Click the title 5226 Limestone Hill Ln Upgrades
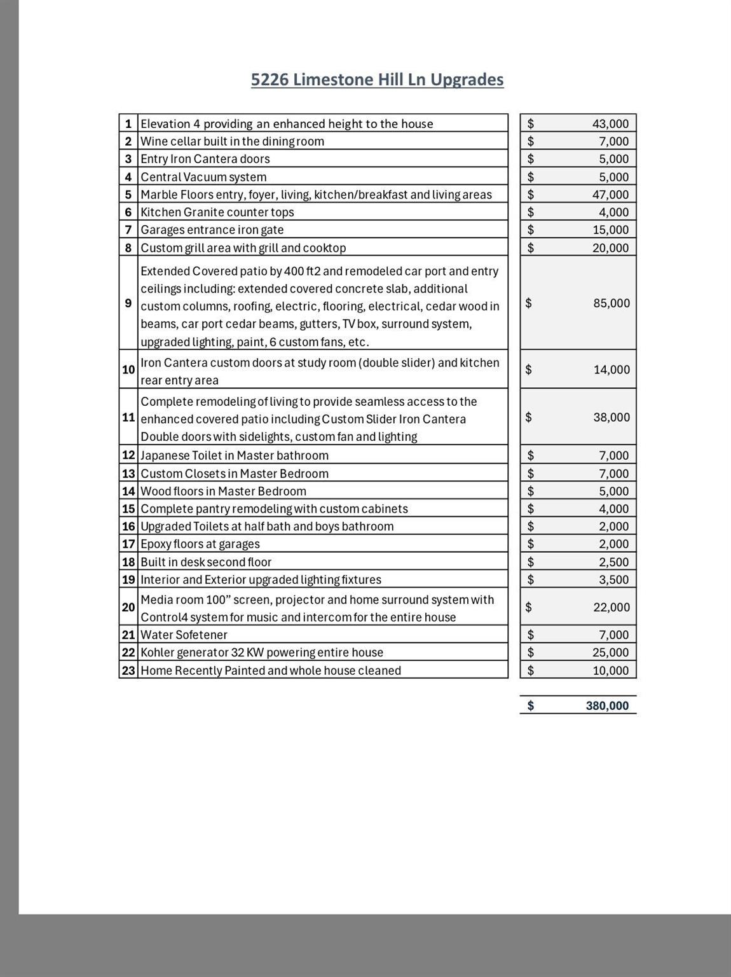(x=377, y=80)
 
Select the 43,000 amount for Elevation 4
(x=610, y=124)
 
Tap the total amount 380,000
(x=607, y=705)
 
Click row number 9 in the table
(x=128, y=303)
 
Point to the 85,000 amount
(x=611, y=303)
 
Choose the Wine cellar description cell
(x=232, y=141)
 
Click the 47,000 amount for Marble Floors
(x=610, y=195)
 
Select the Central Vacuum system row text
(x=203, y=177)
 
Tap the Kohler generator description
(x=262, y=653)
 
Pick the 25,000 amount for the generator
(x=610, y=653)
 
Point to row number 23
(x=128, y=670)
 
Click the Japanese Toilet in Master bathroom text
(x=235, y=455)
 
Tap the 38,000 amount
(x=611, y=417)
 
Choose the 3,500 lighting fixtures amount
(x=613, y=579)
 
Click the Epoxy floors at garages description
(x=200, y=544)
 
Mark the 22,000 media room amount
(x=611, y=607)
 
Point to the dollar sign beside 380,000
(x=531, y=705)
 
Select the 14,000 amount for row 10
(x=611, y=370)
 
